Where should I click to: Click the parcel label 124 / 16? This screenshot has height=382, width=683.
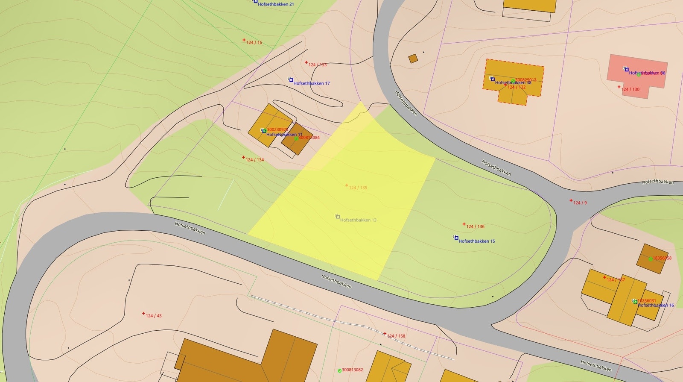click(x=254, y=42)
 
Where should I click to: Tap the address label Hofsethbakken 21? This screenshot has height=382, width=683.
click(x=275, y=4)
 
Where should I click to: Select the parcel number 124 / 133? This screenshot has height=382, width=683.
click(x=317, y=65)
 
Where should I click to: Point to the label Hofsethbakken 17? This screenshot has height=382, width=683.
click(x=311, y=83)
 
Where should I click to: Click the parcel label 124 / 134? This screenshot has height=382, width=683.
click(x=254, y=160)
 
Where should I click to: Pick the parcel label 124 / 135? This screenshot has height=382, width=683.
click(x=358, y=188)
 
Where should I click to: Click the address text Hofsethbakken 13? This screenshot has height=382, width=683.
click(x=358, y=220)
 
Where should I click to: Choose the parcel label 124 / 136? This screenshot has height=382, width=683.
click(x=475, y=226)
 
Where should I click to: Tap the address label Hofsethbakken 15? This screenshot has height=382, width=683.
click(x=477, y=241)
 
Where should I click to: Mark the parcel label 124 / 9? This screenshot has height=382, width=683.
click(x=580, y=203)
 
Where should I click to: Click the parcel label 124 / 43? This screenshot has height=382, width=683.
click(x=154, y=316)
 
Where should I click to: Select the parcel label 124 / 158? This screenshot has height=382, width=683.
click(x=396, y=336)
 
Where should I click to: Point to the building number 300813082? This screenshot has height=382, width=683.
click(x=352, y=370)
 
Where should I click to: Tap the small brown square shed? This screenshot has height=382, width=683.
click(x=413, y=59)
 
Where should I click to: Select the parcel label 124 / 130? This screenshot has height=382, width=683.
click(x=630, y=89)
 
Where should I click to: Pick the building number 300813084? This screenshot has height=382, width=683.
click(x=309, y=138)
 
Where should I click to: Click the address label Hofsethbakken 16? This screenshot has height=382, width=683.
click(x=656, y=305)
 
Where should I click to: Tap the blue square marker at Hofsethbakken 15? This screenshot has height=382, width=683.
click(x=456, y=238)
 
